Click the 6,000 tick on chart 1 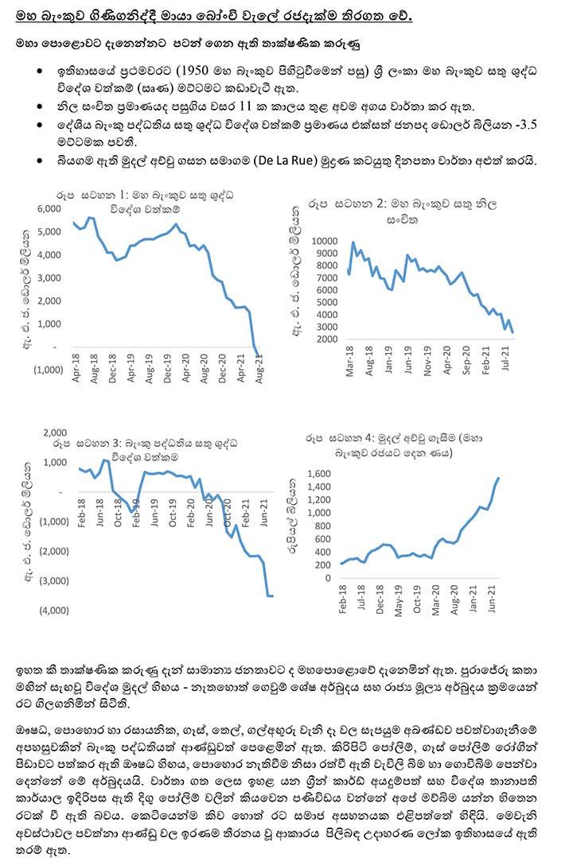pos(49,208)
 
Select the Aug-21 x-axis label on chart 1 pos(259,368)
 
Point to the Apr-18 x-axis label pos(76,368)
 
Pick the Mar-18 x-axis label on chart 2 pos(350,361)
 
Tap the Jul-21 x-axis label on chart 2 pos(506,358)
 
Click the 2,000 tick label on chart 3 pos(55,432)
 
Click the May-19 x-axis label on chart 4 pos(399,599)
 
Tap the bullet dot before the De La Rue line pos(39,161)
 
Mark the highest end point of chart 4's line pos(498,478)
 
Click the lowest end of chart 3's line pos(272,595)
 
